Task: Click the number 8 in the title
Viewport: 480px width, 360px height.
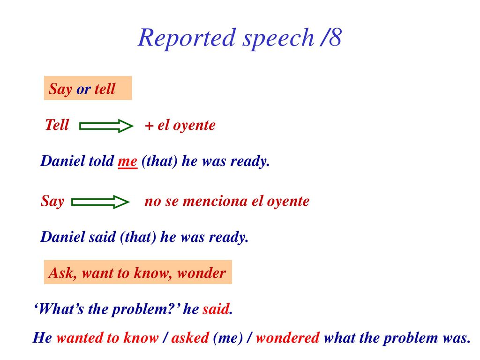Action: click(335, 37)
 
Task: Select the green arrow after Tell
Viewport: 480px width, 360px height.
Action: click(106, 126)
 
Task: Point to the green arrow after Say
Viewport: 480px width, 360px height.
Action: click(100, 202)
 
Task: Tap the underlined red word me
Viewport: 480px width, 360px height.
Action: click(127, 161)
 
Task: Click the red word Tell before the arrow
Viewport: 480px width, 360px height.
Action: click(57, 125)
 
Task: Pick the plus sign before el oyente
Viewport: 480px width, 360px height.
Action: click(149, 126)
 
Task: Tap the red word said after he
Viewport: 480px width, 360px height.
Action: click(216, 309)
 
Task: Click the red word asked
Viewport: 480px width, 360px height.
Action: click(190, 337)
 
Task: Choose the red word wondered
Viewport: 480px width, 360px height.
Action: click(288, 337)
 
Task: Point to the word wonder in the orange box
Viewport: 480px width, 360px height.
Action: click(202, 273)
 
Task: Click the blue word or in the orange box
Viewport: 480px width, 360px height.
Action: click(83, 90)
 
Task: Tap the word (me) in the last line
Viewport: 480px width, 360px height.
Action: click(228, 338)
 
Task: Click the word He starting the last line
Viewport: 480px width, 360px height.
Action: click(43, 337)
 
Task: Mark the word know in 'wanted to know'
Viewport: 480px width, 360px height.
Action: click(141, 337)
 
